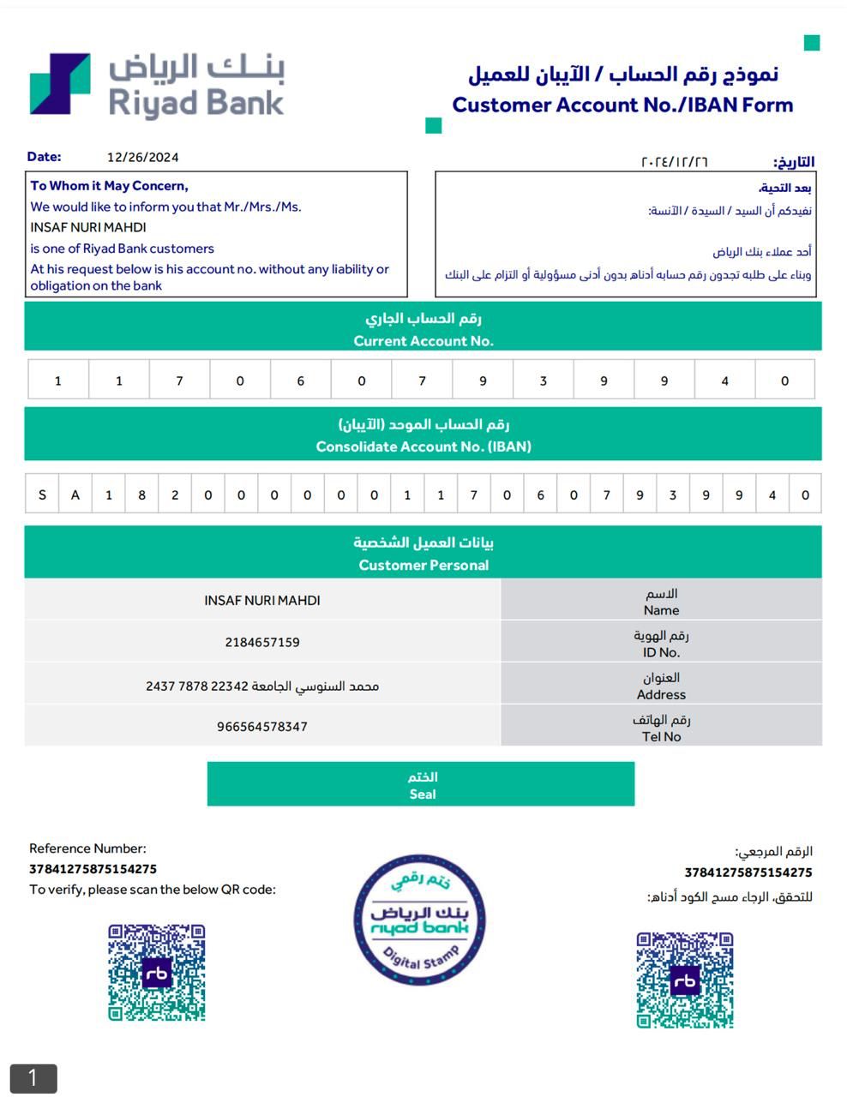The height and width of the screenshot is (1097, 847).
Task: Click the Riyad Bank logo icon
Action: pyautogui.click(x=60, y=84)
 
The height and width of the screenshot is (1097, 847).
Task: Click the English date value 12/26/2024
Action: pyautogui.click(x=142, y=157)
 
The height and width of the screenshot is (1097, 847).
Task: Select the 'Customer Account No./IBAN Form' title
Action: pyautogui.click(x=622, y=105)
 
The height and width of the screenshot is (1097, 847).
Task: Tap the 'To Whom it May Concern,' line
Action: pyautogui.click(x=109, y=186)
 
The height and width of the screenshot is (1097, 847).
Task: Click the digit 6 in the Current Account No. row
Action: pyautogui.click(x=300, y=381)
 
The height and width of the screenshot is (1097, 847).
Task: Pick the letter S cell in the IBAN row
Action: pyautogui.click(x=42, y=495)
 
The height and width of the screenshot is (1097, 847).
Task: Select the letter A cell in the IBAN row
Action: pyautogui.click(x=75, y=495)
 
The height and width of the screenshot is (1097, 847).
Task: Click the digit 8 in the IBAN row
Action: pyautogui.click(x=141, y=495)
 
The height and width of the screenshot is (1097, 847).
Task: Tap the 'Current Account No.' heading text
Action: pyautogui.click(x=423, y=340)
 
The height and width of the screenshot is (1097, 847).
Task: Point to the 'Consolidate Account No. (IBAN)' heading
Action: pyautogui.click(x=423, y=447)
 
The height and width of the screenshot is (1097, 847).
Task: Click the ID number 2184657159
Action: pyautogui.click(x=262, y=642)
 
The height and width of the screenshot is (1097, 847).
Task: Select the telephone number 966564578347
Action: pyautogui.click(x=262, y=726)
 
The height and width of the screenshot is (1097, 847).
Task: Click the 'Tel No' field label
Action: pyautogui.click(x=661, y=736)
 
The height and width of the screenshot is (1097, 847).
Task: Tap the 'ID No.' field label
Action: pyautogui.click(x=661, y=652)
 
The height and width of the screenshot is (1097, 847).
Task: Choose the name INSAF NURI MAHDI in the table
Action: pyautogui.click(x=262, y=600)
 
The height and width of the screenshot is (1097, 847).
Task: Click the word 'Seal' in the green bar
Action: pyautogui.click(x=422, y=794)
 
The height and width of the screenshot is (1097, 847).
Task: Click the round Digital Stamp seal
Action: pyautogui.click(x=420, y=919)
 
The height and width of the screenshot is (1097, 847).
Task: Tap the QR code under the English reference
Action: pyautogui.click(x=157, y=972)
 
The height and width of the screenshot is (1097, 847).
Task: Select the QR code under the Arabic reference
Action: pyautogui.click(x=684, y=980)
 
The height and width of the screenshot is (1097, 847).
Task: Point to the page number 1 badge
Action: pyautogui.click(x=33, y=1077)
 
